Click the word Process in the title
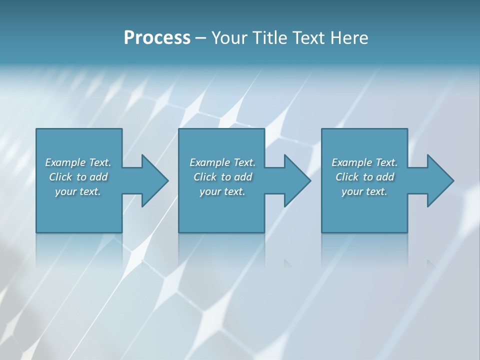[x=157, y=38]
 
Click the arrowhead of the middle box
[x=297, y=180]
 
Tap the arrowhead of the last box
[x=440, y=180]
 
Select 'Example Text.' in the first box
[x=78, y=162]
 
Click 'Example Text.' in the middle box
[x=222, y=162]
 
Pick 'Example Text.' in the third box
[x=364, y=162]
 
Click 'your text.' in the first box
[x=78, y=191]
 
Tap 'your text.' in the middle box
[x=222, y=191]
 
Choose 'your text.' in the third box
[x=364, y=191]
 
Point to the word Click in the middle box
[x=205, y=177]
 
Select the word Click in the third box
[x=347, y=177]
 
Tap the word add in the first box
[x=98, y=177]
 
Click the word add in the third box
[x=385, y=177]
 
